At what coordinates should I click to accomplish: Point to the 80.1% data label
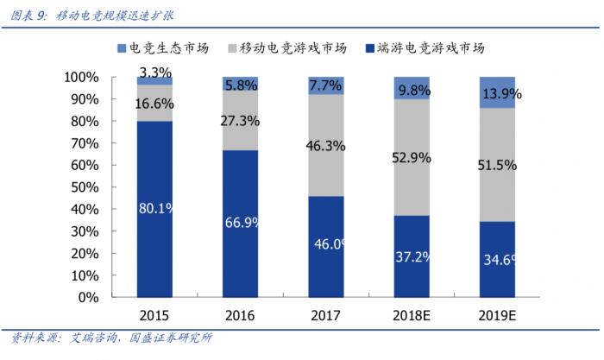[x=154, y=207]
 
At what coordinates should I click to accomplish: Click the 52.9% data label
[x=412, y=157]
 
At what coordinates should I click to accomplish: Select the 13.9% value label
[x=497, y=92]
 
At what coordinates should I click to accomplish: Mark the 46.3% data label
[x=325, y=146]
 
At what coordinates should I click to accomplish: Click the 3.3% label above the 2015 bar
[x=154, y=71]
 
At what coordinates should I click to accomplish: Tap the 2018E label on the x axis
[x=412, y=315]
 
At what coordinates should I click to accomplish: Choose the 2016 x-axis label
[x=240, y=315]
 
